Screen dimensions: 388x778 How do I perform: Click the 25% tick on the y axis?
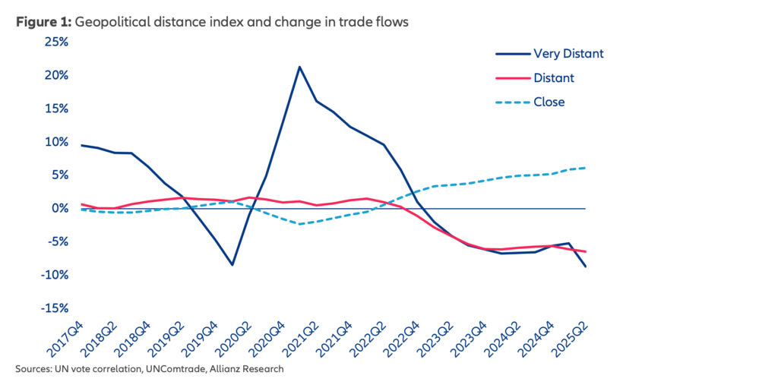(x=56, y=42)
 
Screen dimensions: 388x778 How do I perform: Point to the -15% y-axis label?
(x=55, y=308)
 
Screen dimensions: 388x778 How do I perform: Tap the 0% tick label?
(x=60, y=208)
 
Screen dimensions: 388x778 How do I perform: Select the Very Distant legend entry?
(x=568, y=53)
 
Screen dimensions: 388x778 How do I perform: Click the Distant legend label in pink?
(x=554, y=77)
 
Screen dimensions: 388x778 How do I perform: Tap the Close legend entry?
(x=549, y=102)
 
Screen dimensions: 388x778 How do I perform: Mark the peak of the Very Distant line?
(x=299, y=67)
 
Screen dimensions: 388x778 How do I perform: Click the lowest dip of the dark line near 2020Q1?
(x=232, y=265)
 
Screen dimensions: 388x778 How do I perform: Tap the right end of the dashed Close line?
(x=585, y=168)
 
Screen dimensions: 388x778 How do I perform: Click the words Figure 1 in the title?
(x=43, y=22)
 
